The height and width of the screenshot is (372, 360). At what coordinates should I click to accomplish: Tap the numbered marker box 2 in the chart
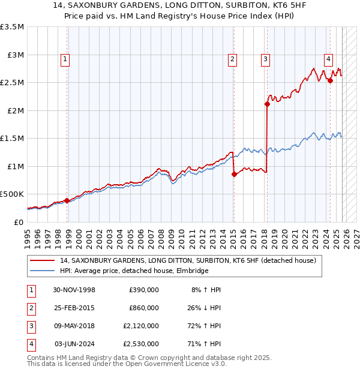pos(232,59)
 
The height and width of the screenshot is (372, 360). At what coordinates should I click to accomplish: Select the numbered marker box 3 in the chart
pos(265,59)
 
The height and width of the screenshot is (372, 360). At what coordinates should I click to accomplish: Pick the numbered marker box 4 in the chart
pos(329,59)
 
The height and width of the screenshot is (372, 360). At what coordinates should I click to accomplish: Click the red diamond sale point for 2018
pos(267,104)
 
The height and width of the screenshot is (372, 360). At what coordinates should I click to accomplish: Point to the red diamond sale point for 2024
pos(331,81)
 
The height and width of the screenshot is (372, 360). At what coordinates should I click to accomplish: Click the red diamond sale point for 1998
pos(67,200)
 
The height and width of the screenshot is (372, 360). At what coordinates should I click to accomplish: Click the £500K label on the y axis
pos(12,194)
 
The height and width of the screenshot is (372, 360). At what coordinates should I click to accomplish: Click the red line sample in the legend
pos(42,261)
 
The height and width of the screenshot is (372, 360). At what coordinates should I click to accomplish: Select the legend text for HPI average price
pos(134,271)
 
